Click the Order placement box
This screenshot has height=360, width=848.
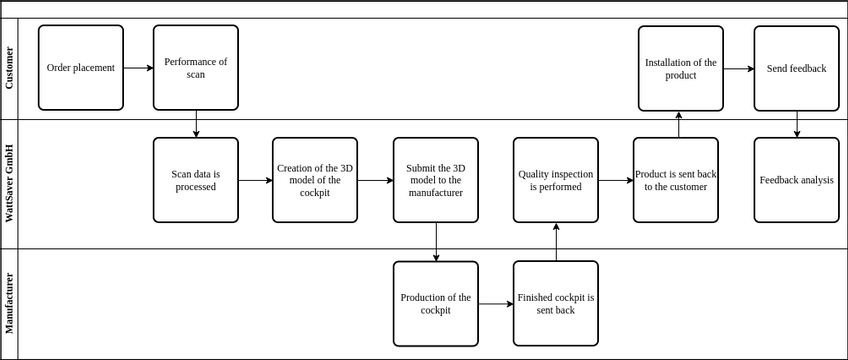coord(80,68)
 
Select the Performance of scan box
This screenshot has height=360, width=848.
coord(195,68)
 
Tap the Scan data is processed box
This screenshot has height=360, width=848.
coord(195,180)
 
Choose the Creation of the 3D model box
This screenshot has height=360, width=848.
coord(315,180)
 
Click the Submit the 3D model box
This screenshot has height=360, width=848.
coord(435,180)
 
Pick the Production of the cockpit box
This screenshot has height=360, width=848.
coord(435,303)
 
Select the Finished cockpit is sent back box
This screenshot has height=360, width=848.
coord(555,303)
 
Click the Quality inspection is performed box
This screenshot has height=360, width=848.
coord(555,180)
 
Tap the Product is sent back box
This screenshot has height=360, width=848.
coord(675,180)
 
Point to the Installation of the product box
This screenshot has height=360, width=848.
coord(680,68)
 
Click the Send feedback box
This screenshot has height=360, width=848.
coord(796,68)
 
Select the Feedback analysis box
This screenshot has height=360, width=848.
coord(796,180)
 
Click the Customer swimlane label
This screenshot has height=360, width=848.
coord(10,68)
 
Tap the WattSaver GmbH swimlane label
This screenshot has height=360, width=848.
coord(10,184)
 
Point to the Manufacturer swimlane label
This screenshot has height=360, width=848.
coord(10,304)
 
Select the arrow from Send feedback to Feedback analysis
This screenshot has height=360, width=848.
coord(797,124)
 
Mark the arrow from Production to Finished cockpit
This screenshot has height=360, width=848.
coord(495,303)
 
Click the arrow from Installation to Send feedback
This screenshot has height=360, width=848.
coord(738,69)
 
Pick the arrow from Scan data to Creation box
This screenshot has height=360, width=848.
coord(255,180)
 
